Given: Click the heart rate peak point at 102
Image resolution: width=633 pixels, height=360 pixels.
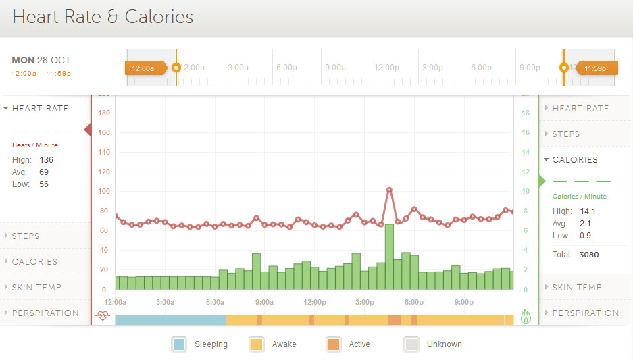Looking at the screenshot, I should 389,190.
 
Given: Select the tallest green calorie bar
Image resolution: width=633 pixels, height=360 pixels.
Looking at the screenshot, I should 389,257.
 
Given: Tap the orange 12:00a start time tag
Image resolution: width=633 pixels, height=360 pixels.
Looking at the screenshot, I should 143,68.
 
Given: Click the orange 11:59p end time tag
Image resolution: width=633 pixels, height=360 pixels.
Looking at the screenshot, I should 595,68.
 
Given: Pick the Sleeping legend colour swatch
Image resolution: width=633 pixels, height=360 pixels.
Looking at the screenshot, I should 178,344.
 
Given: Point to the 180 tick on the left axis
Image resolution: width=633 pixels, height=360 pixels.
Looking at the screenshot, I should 104,113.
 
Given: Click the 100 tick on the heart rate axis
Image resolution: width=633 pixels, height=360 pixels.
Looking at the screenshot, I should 104,192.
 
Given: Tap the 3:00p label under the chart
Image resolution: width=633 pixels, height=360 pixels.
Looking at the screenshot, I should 365,302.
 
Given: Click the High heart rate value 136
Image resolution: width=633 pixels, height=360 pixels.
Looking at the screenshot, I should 46,160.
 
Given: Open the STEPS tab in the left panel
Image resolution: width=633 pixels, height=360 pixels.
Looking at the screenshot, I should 26,236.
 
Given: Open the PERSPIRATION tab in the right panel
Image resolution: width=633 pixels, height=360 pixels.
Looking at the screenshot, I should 585,313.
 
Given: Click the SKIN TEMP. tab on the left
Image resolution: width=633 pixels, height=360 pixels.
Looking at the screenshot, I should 37,288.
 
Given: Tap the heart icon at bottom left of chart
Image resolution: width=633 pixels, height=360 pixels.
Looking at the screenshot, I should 103,315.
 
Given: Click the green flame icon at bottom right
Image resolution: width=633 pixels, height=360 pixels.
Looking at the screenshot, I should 526,316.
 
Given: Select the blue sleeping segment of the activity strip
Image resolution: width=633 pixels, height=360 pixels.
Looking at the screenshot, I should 170,319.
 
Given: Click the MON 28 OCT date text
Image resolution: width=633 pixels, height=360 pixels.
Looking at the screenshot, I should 41,61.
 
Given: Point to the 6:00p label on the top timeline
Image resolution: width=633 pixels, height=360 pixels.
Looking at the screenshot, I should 480,68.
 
